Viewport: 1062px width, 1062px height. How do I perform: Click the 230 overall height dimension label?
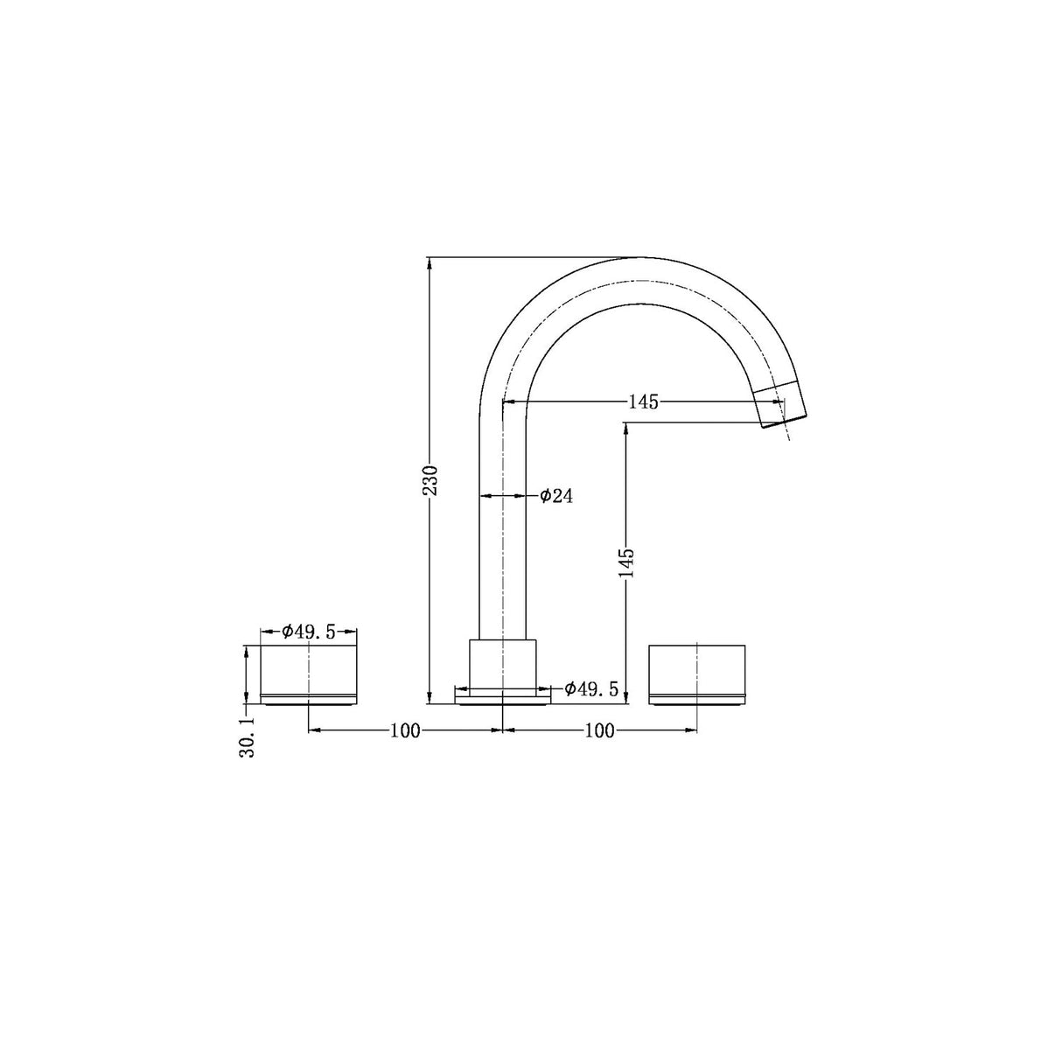point(430,480)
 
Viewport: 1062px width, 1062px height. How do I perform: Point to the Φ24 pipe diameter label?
point(556,496)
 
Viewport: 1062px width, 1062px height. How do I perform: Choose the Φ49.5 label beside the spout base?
point(591,689)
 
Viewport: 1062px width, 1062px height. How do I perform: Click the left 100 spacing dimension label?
point(406,730)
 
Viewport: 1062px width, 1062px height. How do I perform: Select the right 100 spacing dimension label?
point(599,730)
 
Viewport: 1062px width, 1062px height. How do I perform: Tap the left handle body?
point(309,669)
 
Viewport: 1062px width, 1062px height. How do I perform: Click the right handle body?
point(696,669)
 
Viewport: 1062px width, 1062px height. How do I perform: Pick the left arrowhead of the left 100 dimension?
point(314,730)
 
